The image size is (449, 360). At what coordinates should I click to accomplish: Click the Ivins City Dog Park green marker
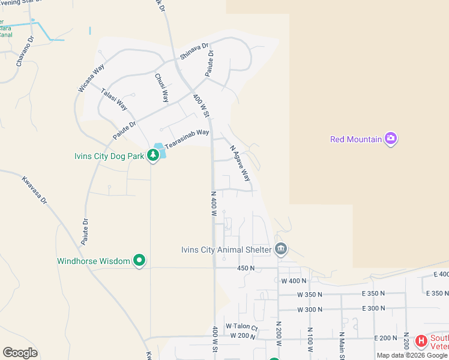[153, 155]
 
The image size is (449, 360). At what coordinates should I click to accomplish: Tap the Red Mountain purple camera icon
[391, 139]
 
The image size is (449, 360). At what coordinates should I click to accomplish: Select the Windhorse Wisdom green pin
[139, 260]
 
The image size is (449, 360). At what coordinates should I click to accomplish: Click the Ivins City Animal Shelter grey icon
[280, 249]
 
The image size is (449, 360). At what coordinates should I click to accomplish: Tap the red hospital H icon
[421, 341]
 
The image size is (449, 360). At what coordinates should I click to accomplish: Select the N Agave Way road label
[240, 163]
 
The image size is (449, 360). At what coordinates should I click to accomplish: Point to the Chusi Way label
[161, 88]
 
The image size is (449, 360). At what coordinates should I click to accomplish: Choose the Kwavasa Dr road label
[34, 190]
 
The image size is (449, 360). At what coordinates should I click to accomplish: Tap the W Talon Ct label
[241, 326]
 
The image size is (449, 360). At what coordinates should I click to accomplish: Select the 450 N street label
[246, 268]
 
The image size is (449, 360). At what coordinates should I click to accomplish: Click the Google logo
[20, 352]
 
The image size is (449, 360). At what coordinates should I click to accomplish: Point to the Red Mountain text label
[356, 139]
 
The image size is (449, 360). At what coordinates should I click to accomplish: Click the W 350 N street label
[310, 295]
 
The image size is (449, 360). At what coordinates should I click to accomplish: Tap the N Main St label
[341, 346]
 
